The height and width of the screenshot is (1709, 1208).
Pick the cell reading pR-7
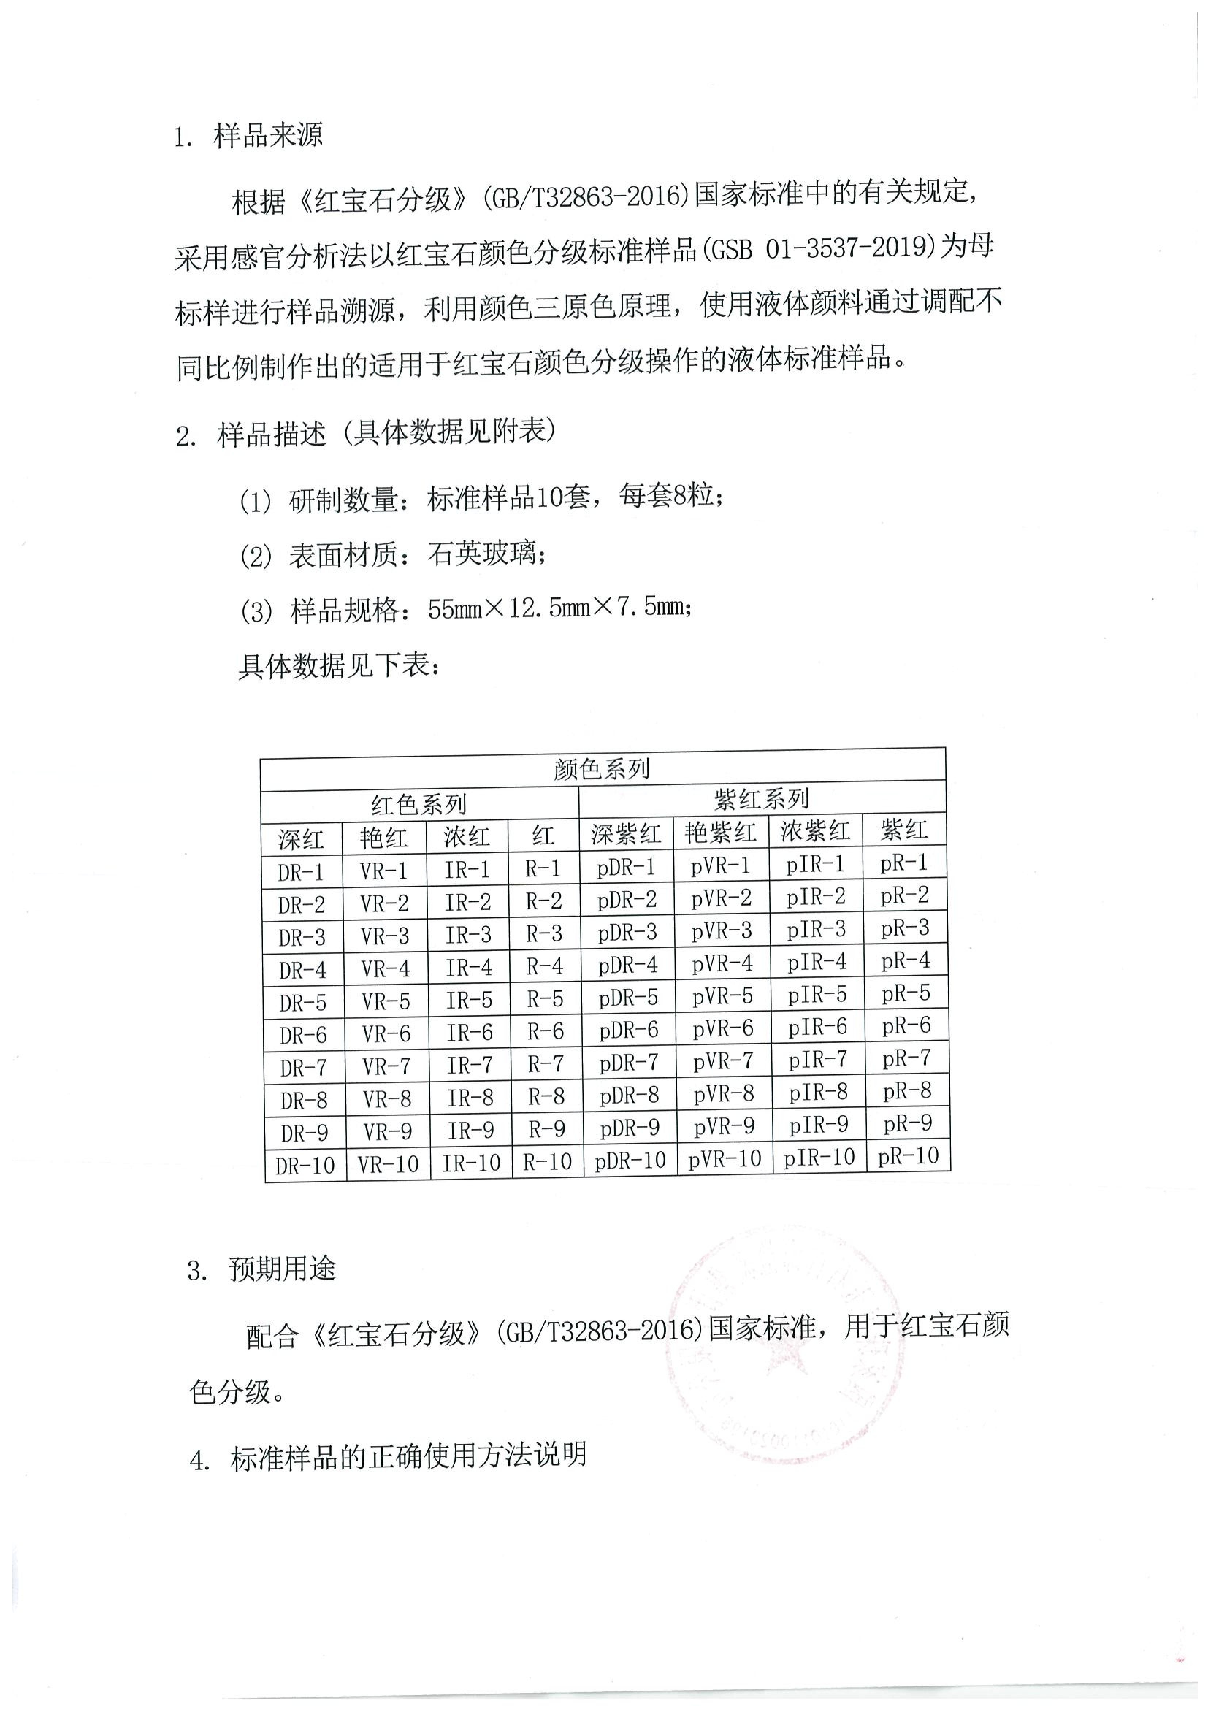point(907,1058)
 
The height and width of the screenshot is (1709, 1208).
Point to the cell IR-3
point(468,935)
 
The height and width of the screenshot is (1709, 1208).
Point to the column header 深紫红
point(626,834)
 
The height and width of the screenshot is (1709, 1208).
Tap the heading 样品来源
point(268,135)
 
